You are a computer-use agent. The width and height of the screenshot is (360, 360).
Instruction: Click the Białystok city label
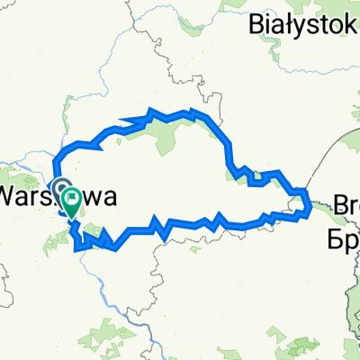point(304,20)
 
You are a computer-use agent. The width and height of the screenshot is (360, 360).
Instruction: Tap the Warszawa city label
point(56,194)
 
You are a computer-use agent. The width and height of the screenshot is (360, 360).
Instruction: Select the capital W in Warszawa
point(11,194)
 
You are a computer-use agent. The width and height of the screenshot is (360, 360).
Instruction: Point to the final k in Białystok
point(352,20)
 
